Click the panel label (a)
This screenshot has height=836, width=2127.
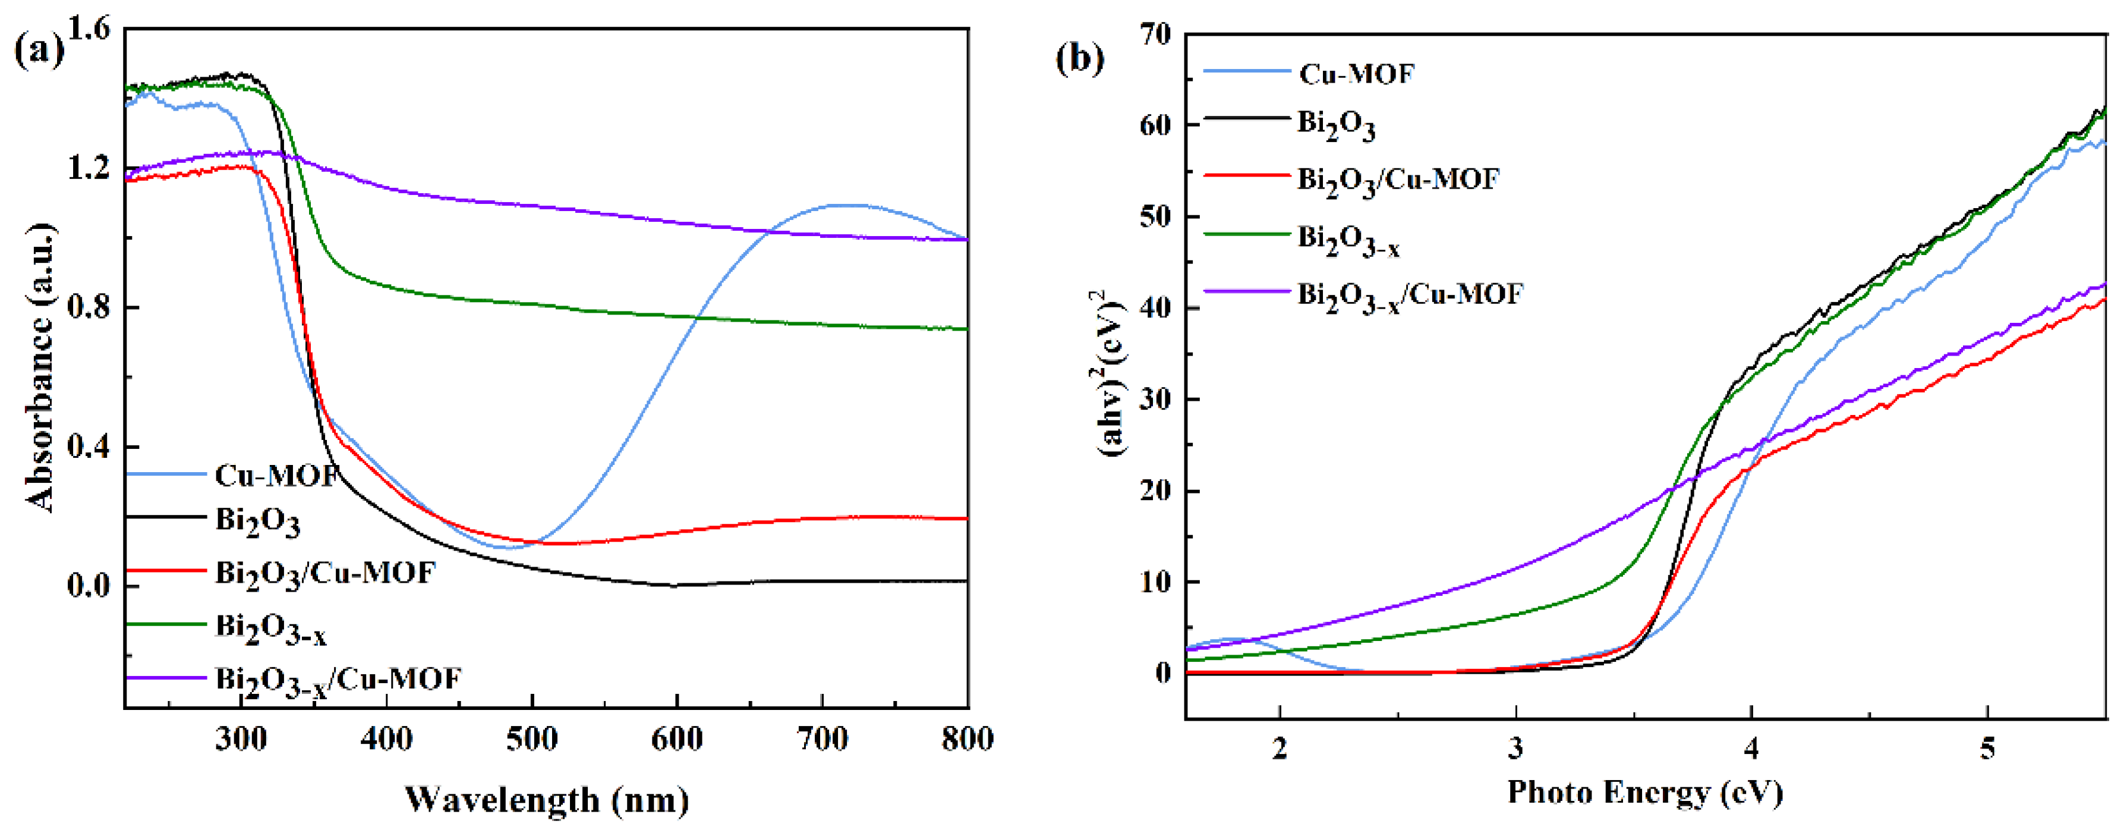click(x=39, y=51)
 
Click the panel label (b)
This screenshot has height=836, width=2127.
click(x=1080, y=59)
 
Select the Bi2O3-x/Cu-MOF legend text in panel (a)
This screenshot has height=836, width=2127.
click(x=338, y=680)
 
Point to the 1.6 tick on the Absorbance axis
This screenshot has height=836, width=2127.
click(x=89, y=30)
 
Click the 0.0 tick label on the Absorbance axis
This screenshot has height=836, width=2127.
click(x=89, y=586)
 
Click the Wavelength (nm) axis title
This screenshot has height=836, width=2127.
click(x=547, y=800)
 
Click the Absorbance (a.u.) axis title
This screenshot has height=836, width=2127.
click(x=41, y=367)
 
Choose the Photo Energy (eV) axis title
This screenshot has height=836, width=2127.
click(x=1645, y=792)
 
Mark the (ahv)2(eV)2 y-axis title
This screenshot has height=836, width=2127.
click(x=1111, y=372)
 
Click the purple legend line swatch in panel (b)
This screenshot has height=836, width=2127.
click(x=1246, y=291)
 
